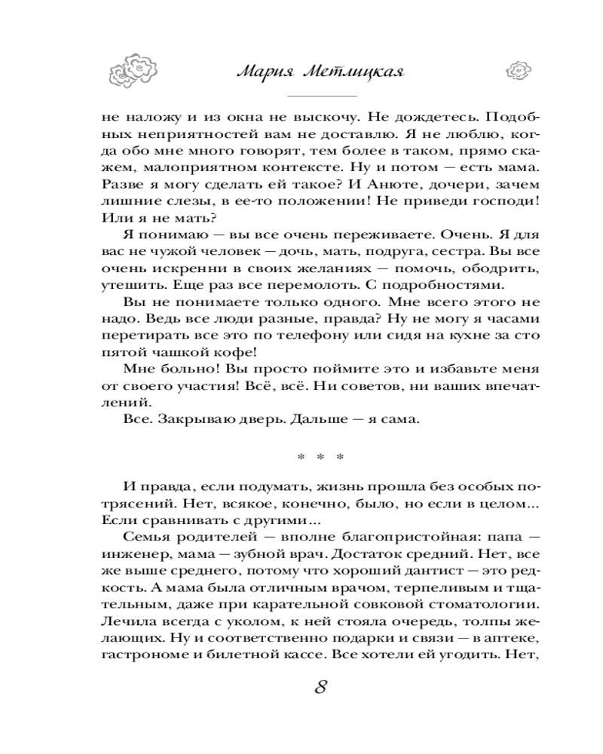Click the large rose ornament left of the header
135,70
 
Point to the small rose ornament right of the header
519,70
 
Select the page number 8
320,688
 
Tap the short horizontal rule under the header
322,97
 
